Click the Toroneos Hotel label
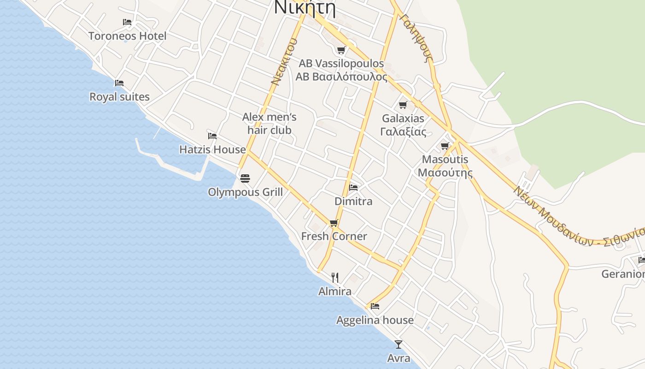pos(127,36)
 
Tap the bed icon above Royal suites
pos(119,83)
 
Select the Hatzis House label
pos(212,149)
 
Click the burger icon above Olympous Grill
pos(245,178)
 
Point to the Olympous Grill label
pos(245,192)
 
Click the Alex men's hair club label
pos(270,124)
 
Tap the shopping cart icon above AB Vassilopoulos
pos(341,50)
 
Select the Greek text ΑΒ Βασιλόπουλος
pos(341,77)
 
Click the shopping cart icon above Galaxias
pos(403,105)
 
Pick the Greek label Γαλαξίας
pos(403,132)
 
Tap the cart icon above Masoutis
pos(445,146)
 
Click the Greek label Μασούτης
pos(445,173)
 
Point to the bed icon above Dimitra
pos(353,187)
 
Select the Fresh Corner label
pos(334,236)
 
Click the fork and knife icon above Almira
pos(335,278)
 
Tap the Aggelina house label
pos(375,320)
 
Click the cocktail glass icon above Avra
pos(399,345)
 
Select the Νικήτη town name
pos(304,8)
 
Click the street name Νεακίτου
pos(283,62)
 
